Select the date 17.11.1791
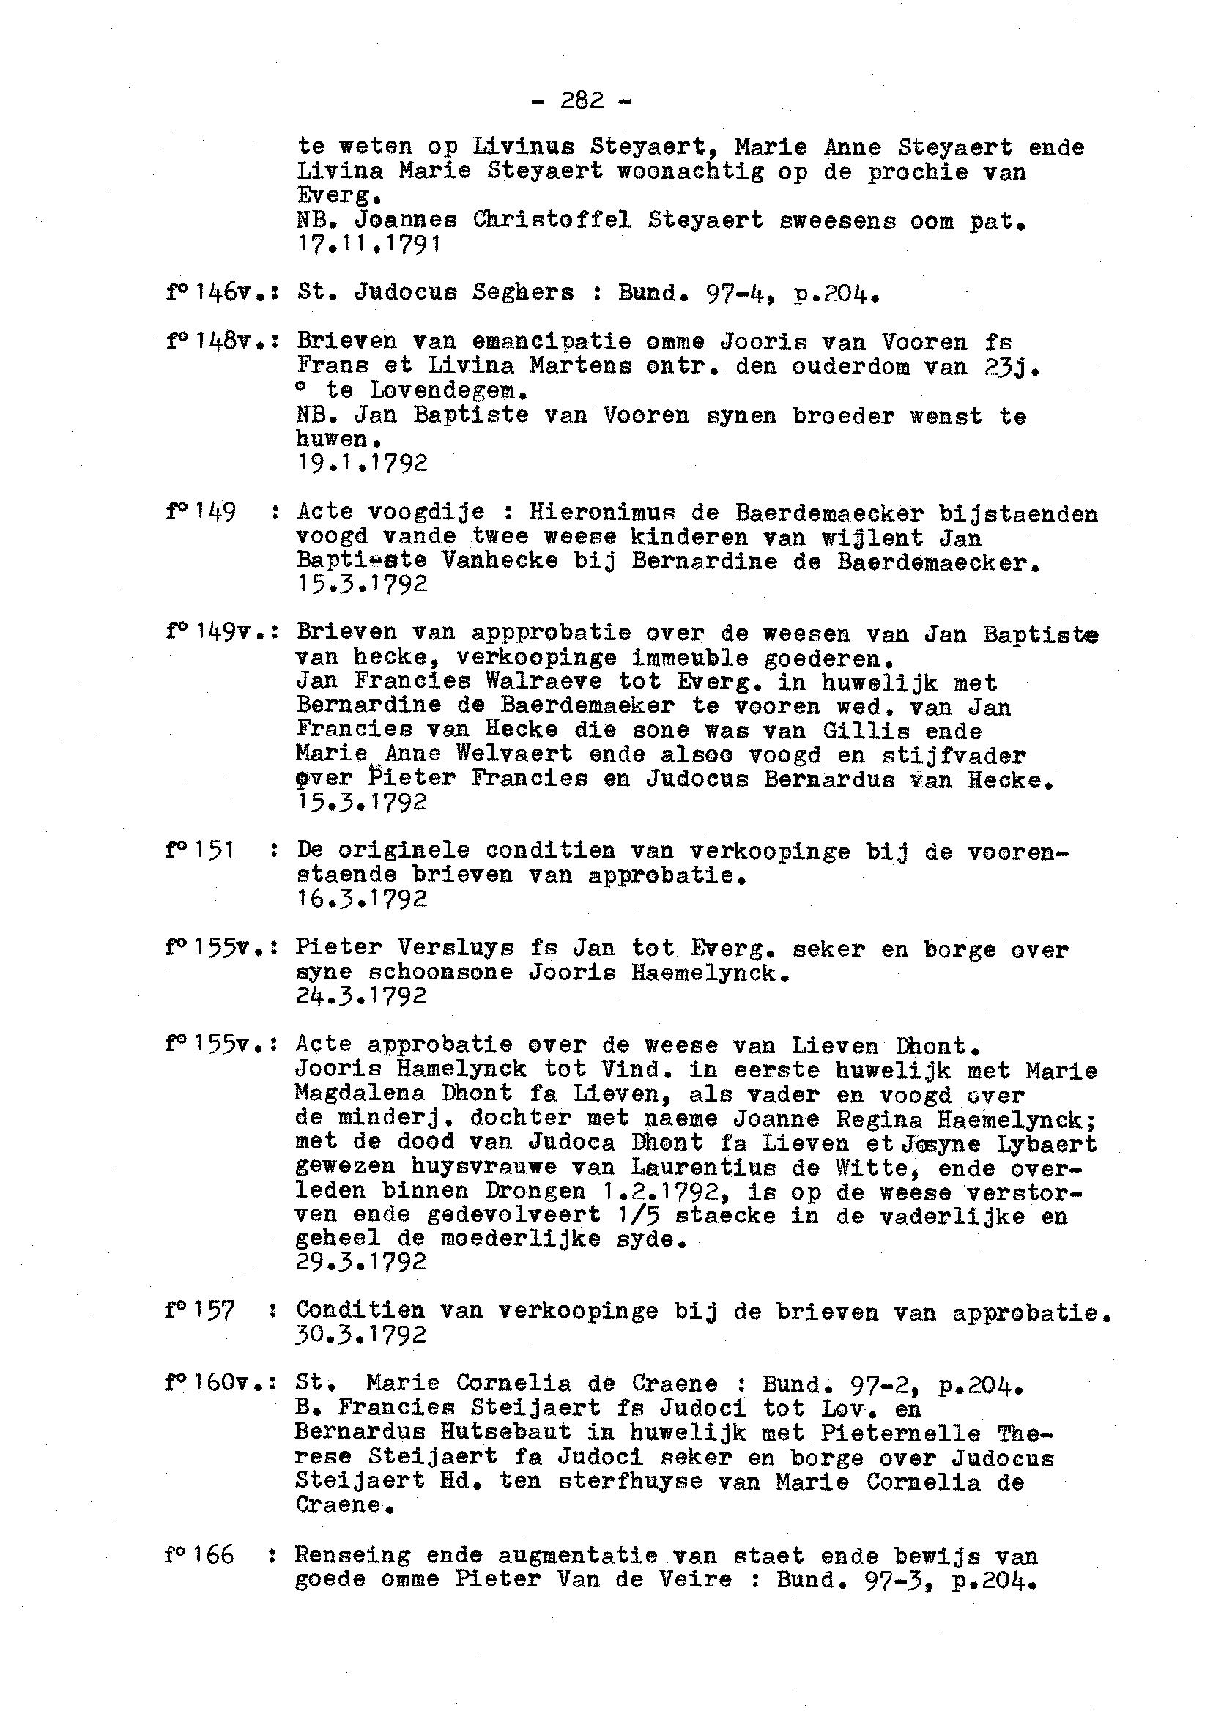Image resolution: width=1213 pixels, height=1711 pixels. click(368, 243)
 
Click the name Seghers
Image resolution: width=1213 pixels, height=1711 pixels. click(524, 293)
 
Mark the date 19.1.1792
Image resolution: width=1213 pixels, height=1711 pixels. click(362, 463)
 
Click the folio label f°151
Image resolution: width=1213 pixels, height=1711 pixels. click(200, 850)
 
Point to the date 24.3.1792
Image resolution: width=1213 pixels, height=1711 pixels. click(362, 995)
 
